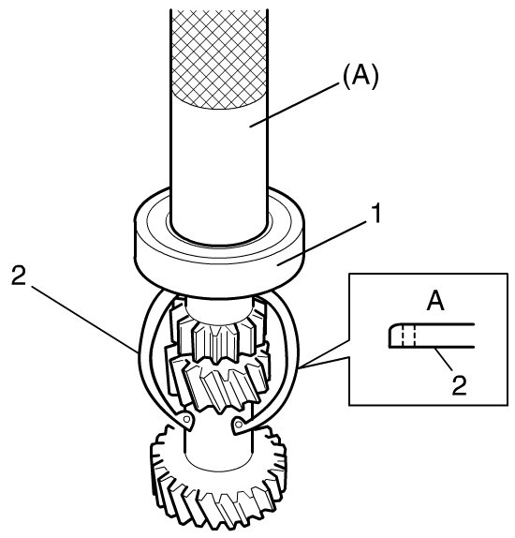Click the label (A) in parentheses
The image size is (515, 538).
360,76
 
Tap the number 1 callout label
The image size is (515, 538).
376,214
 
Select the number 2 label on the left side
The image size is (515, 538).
19,276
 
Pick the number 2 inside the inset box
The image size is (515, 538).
460,384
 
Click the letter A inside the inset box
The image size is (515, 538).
435,301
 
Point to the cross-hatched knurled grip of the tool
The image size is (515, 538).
219,59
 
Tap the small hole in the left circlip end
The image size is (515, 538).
187,419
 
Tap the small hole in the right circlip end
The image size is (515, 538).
240,424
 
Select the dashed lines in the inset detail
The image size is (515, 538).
409,336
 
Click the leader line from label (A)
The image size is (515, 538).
292,106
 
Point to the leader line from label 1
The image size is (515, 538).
321,243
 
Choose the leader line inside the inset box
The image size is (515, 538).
444,359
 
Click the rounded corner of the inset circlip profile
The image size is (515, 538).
390,326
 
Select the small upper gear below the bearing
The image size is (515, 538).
218,329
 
